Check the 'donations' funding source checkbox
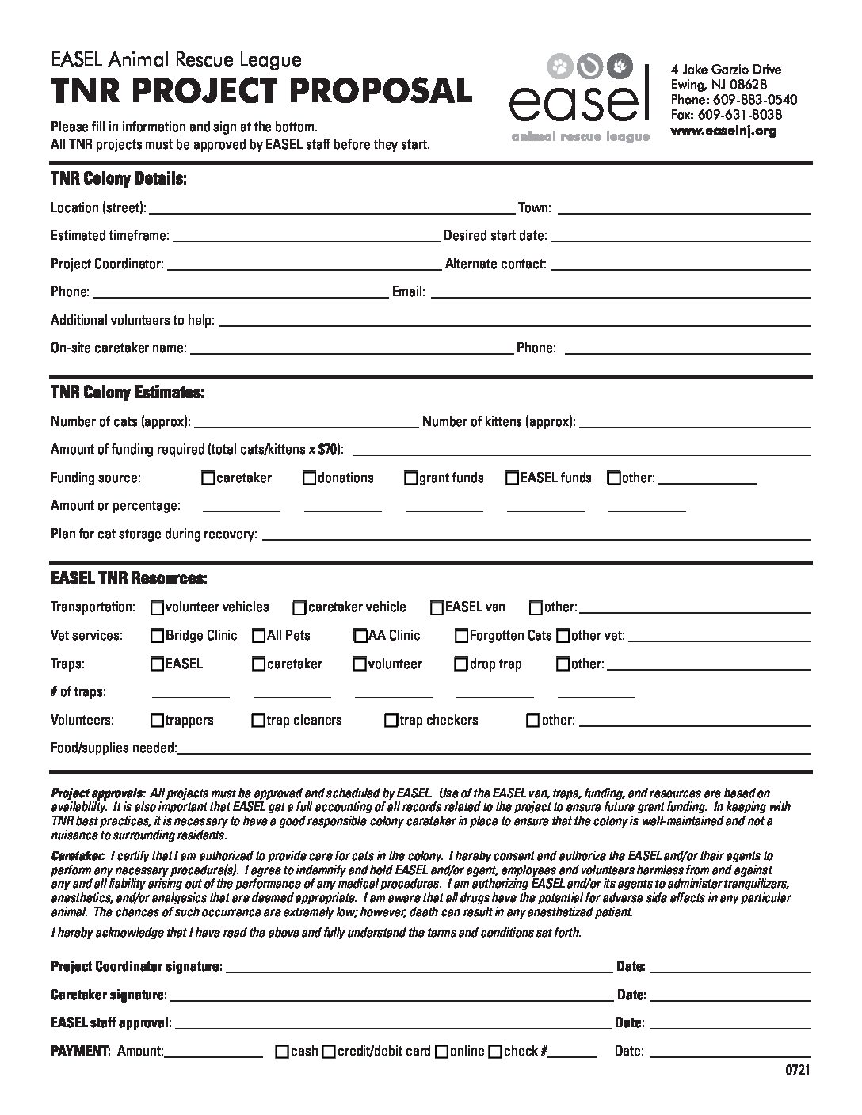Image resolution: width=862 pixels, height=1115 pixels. point(309,478)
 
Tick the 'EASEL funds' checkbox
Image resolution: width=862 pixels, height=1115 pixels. point(513,478)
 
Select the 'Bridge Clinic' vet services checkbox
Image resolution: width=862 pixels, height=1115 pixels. point(158,636)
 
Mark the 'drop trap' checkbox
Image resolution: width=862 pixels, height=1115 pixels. point(461,664)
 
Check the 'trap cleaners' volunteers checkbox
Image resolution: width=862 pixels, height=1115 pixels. point(258,721)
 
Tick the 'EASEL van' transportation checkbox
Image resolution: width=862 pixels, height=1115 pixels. point(437,608)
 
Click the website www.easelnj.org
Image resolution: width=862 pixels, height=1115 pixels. point(723,131)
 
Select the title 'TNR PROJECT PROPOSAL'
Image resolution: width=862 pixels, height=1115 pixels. point(261,92)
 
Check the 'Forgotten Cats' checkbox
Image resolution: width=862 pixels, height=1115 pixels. point(461,636)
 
